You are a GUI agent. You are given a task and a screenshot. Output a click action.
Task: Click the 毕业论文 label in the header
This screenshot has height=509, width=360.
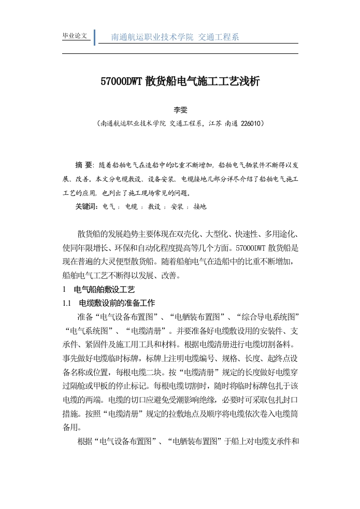coord(75,36)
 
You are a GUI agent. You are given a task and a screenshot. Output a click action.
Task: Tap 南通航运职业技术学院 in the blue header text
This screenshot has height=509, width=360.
coord(152,37)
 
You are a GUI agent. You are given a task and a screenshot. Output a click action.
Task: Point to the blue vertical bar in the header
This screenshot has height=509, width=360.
coord(94,37)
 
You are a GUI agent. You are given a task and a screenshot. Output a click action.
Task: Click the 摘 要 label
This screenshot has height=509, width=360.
coord(83,165)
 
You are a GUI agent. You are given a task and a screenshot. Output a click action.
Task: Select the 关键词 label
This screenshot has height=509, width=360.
coord(87,207)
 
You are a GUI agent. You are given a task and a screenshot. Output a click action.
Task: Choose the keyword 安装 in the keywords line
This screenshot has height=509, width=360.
coord(177,207)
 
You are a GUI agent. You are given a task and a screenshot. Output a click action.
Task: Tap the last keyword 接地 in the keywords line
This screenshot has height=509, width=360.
coord(199,207)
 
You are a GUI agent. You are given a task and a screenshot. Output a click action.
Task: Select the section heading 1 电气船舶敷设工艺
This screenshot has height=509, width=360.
coord(98,289)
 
